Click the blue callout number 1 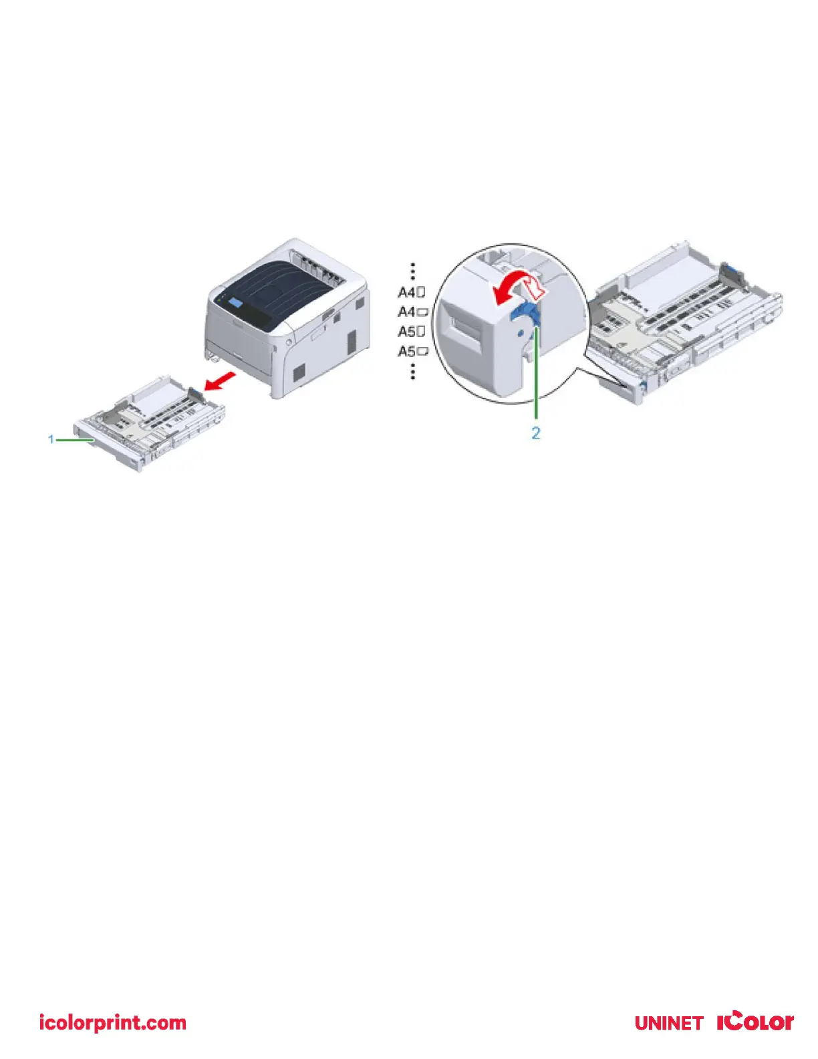[51, 439]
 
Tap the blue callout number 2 [535, 433]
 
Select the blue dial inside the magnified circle [525, 316]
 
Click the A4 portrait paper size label [412, 292]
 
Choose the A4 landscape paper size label [413, 312]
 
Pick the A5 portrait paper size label [412, 332]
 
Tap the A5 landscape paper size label [413, 351]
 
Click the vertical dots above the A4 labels [413, 271]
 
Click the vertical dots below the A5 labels [413, 371]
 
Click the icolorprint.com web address [112, 1022]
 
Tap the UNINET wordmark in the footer [668, 1023]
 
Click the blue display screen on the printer [235, 304]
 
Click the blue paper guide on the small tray [193, 394]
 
